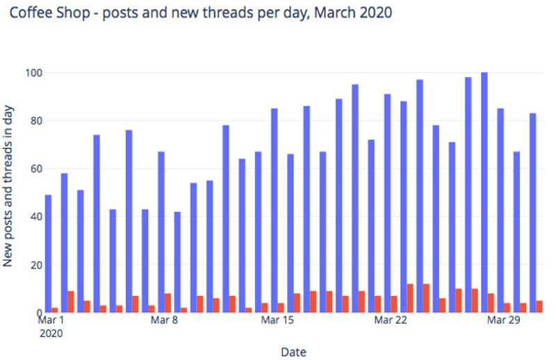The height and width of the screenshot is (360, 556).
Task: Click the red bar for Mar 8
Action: click(168, 303)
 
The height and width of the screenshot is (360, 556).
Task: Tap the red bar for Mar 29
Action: click(507, 308)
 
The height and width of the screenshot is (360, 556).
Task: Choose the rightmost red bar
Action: click(540, 306)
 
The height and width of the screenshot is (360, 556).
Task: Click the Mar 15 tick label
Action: click(277, 320)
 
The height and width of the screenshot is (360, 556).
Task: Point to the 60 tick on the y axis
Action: click(35, 168)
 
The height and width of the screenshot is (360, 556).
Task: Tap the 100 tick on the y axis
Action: click(32, 72)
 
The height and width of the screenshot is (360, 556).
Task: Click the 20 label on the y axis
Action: click(35, 265)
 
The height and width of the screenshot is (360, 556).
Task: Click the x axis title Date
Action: click(293, 352)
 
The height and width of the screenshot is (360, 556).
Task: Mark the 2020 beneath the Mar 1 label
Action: click(51, 333)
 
